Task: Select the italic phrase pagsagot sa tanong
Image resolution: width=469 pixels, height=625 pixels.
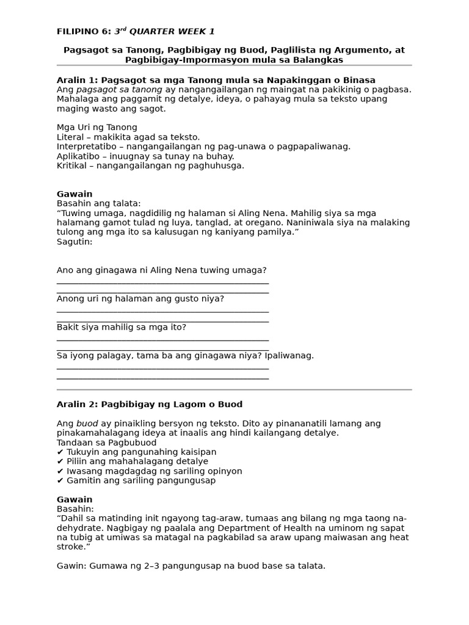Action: pos(118,90)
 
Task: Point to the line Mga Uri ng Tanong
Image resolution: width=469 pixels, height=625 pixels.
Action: pos(96,128)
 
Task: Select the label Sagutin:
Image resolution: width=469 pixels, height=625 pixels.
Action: pos(75,242)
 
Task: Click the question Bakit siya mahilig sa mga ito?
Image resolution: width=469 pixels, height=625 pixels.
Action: pos(121,327)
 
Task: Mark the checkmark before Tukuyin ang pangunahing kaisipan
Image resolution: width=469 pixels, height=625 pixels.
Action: pos(60,452)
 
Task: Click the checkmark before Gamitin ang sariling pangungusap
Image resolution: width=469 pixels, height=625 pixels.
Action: pos(60,480)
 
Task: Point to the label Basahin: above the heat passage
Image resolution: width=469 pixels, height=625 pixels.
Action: pos(75,508)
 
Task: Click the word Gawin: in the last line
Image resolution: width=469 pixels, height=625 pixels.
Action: pos(71,566)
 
